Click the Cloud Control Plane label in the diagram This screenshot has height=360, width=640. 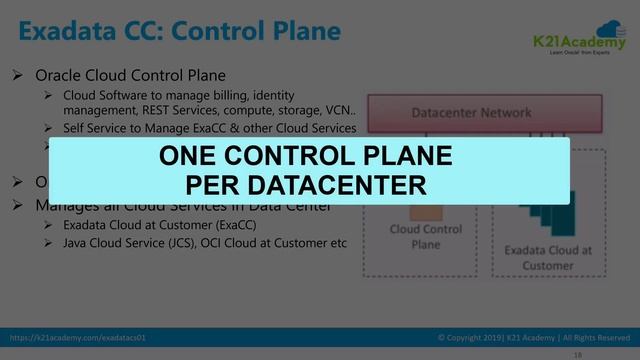click(x=425, y=237)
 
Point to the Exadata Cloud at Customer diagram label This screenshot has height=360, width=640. click(x=547, y=257)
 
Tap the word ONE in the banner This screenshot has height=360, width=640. click(x=195, y=157)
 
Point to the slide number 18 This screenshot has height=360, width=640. click(x=577, y=354)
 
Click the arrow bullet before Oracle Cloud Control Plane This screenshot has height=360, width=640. click(x=17, y=75)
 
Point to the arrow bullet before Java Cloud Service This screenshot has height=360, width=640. click(x=47, y=243)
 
